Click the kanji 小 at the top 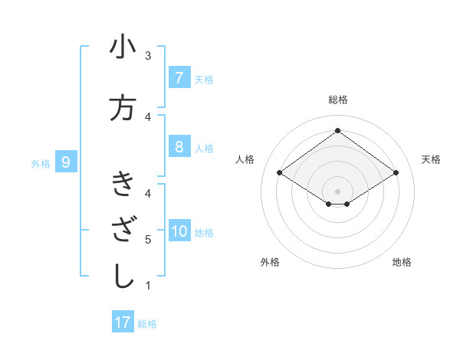123,47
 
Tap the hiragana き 123,184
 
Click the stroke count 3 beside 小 148,56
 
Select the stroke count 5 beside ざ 148,240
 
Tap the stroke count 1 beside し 148,286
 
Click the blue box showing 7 179,78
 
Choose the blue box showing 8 179,147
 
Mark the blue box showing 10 179,231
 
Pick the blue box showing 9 66,162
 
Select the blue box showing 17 123,322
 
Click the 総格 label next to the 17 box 147,323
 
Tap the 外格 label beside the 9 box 41,163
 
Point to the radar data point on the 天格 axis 396,173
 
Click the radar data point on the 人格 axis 280,173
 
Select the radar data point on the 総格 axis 337,131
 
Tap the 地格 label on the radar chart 402,262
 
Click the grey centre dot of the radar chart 337,191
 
